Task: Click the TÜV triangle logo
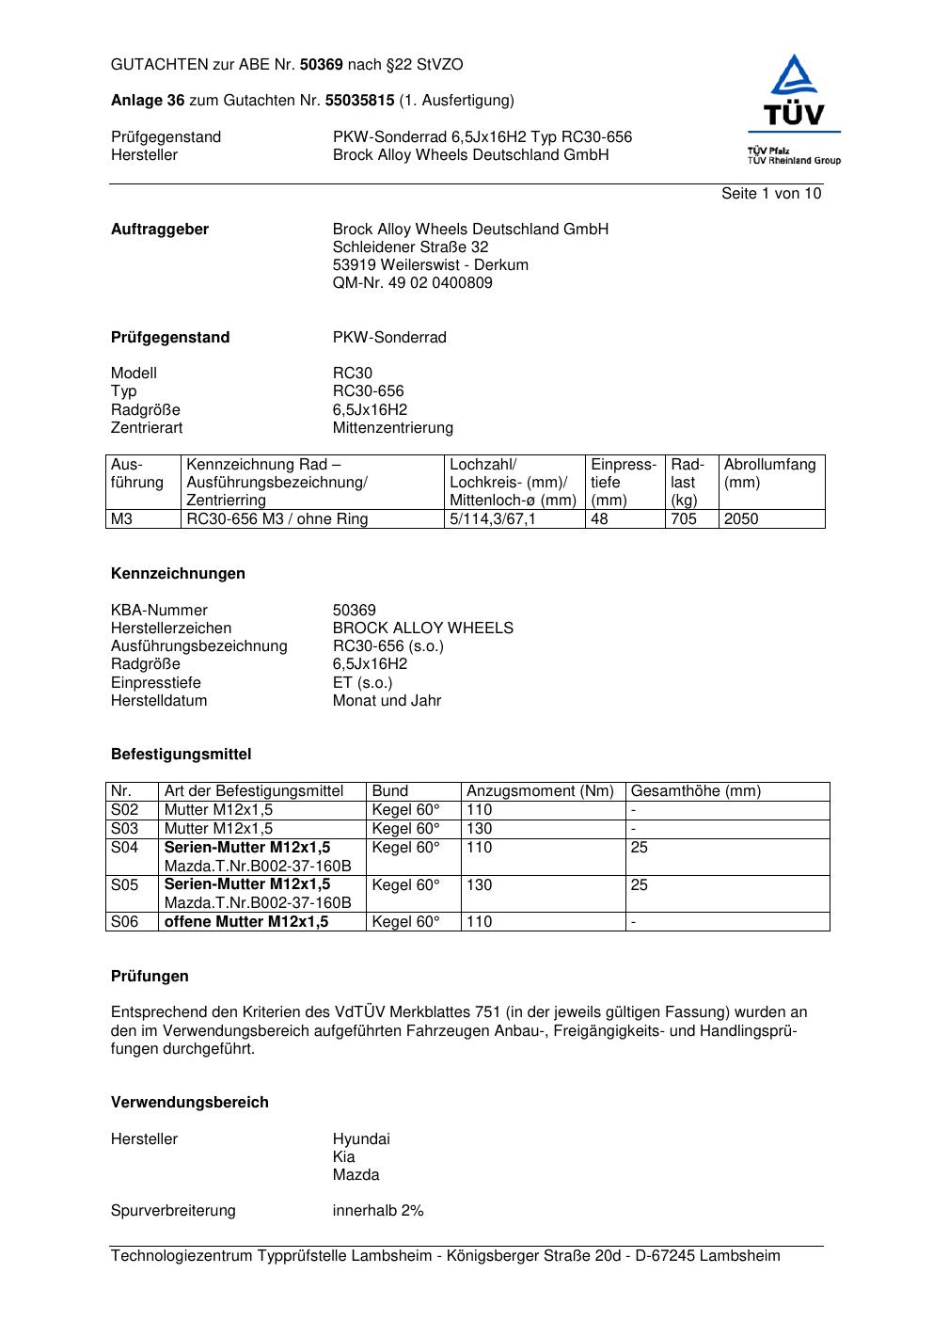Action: [x=795, y=90]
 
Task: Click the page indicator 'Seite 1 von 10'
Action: [x=770, y=194]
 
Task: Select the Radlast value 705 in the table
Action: [x=684, y=519]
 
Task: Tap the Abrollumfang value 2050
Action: [x=741, y=519]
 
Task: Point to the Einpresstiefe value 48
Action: [x=600, y=519]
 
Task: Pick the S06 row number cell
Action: [x=125, y=922]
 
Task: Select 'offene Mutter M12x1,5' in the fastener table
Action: [x=246, y=922]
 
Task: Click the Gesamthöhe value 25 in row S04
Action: [x=640, y=848]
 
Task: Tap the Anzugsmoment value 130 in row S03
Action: [x=479, y=829]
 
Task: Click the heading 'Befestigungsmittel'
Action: [x=181, y=755]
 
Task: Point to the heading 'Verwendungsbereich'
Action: [x=190, y=1103]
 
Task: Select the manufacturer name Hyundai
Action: [x=361, y=1139]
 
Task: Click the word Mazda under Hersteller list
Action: [x=356, y=1175]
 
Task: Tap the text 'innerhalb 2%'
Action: [x=378, y=1211]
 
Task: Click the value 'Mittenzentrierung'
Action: [x=393, y=428]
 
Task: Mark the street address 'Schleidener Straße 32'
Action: [x=410, y=247]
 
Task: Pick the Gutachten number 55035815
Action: [x=359, y=101]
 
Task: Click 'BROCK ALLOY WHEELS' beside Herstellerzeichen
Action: [x=423, y=629]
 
